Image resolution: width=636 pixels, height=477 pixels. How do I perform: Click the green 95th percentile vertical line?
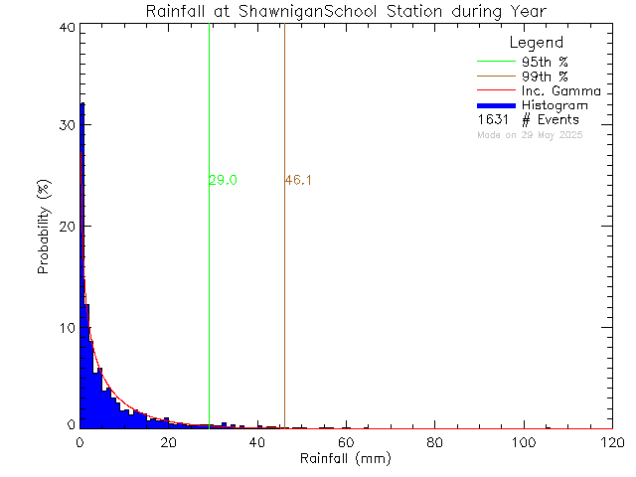pos(209,298)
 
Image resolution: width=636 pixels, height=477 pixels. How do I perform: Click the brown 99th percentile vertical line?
pos(284,298)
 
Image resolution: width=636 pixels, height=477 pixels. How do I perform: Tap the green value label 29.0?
pos(223,180)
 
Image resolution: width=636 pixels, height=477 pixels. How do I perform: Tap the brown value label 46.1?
pos(298,180)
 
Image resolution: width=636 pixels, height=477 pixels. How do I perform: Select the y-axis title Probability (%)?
pos(45,228)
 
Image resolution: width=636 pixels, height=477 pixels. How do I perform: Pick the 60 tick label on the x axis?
pos(346,441)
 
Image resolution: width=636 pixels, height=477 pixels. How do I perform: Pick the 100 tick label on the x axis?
pos(523,441)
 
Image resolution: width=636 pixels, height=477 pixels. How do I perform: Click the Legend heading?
pos(536,44)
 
